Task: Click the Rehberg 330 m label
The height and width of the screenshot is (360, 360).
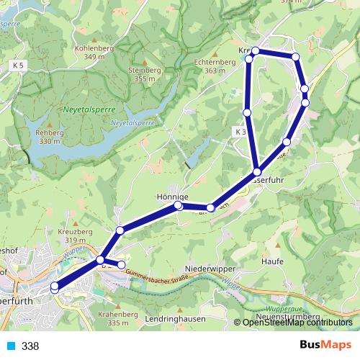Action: [49, 136]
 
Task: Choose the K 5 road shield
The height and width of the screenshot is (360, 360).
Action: [18, 66]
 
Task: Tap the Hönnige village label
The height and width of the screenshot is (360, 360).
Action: [172, 196]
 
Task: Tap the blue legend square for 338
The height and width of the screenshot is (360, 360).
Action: [11, 346]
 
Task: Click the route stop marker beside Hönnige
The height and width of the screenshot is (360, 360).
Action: [179, 206]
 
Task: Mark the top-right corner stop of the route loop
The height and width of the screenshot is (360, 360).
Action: [295, 56]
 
